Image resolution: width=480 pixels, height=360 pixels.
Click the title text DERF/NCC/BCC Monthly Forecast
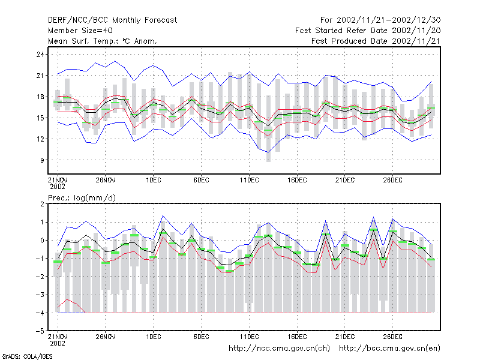[x=112, y=20]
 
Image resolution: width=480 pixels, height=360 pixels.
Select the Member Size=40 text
[x=80, y=31]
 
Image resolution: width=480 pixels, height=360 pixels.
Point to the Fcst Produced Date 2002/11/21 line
[x=376, y=41]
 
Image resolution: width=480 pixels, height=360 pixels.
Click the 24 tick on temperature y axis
[x=40, y=55]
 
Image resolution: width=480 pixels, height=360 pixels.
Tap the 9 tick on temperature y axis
[x=42, y=160]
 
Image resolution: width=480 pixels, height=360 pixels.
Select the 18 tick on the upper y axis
[x=40, y=97]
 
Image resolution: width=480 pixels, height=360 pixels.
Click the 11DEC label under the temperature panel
[x=249, y=181]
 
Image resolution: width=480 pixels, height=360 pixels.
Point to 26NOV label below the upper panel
[x=106, y=181]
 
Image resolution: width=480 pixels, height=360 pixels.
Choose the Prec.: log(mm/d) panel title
[x=82, y=198]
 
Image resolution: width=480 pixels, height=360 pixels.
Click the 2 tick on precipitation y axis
[x=42, y=204]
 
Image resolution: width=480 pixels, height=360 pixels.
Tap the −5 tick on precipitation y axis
[x=40, y=331]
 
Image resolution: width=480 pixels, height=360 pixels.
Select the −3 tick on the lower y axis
[x=40, y=295]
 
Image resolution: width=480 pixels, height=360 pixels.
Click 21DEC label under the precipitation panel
[x=344, y=337]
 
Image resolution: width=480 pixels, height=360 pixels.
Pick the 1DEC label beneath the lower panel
[x=154, y=337]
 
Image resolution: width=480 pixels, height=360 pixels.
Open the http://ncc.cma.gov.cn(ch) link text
[x=279, y=349]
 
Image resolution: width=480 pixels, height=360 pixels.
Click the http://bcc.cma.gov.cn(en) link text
[x=389, y=349]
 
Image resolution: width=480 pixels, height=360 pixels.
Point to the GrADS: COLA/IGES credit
[x=27, y=356]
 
